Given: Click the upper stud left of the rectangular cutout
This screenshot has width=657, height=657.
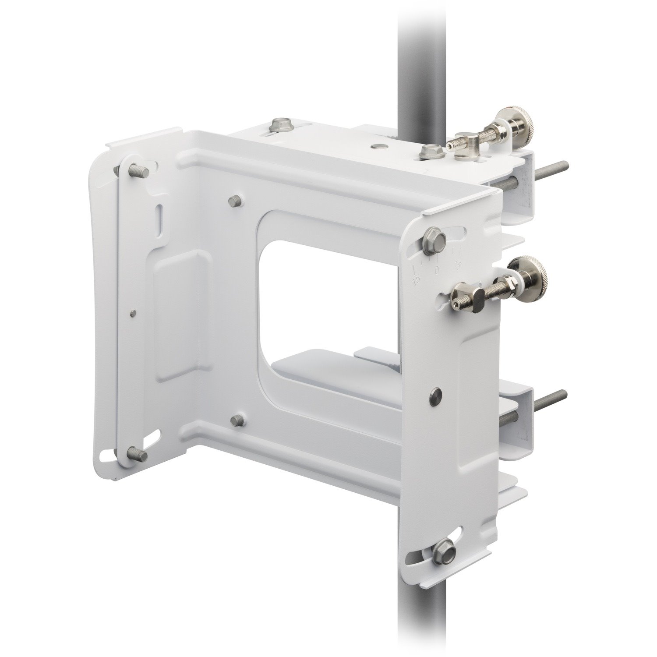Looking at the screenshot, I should (234, 201).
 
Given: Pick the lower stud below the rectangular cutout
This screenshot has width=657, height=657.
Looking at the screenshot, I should (239, 421).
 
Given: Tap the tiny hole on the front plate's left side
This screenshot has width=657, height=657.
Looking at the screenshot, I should (134, 312).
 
